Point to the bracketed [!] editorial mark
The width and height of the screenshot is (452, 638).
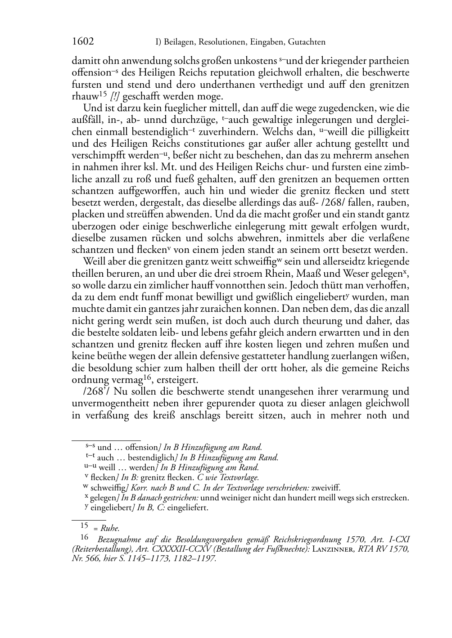pyautogui.click(x=115, y=97)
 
